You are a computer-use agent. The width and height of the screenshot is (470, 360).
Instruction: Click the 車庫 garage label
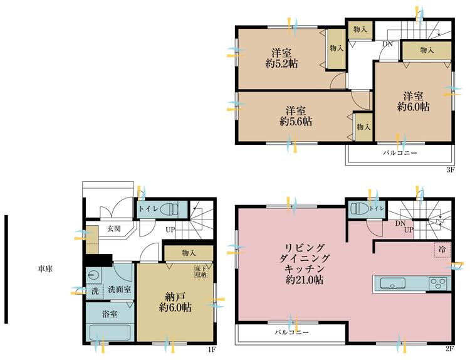(x=45, y=269)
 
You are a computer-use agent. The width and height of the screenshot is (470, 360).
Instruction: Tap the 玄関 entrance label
(x=114, y=228)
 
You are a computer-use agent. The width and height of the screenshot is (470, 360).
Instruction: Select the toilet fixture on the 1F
(x=169, y=209)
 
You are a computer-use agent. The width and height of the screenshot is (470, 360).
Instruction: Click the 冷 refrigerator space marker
(x=442, y=249)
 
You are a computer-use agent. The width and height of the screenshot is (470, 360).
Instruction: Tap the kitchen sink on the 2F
(x=393, y=283)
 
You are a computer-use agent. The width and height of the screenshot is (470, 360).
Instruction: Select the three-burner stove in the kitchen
(x=438, y=283)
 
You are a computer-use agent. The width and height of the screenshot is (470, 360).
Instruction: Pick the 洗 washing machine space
(x=95, y=291)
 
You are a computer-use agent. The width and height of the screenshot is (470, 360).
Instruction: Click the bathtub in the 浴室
(x=110, y=332)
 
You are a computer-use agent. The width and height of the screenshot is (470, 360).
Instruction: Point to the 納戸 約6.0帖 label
(x=175, y=302)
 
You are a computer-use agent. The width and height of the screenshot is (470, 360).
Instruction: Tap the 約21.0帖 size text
(x=304, y=280)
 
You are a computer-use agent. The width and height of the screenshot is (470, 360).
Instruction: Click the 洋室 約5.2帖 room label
(x=281, y=58)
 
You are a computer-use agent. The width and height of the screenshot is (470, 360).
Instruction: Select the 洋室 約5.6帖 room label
(x=296, y=116)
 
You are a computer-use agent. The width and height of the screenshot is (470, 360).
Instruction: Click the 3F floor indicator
(x=451, y=169)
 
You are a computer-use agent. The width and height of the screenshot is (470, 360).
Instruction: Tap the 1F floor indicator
(x=212, y=349)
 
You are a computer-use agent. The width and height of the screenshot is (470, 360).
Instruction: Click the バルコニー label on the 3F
(x=400, y=153)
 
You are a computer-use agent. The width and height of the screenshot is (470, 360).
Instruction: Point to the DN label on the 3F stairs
(x=387, y=44)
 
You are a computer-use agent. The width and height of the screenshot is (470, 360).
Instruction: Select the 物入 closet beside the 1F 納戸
(x=189, y=253)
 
